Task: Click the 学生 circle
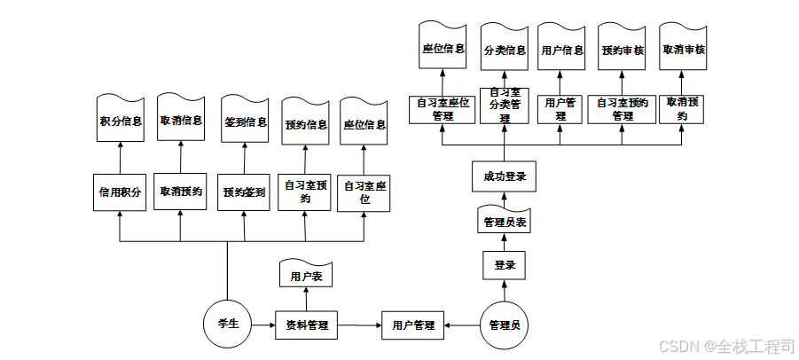point(228,325)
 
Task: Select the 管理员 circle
point(504,325)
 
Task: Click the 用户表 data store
point(306,276)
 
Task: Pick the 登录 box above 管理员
point(505,264)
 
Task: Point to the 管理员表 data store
point(505,221)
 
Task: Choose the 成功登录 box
point(505,176)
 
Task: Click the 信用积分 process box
point(119,192)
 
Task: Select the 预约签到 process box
point(244,192)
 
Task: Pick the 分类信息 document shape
point(505,51)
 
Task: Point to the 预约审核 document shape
point(622,51)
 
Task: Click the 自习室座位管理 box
point(442,108)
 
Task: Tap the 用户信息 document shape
point(562,51)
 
